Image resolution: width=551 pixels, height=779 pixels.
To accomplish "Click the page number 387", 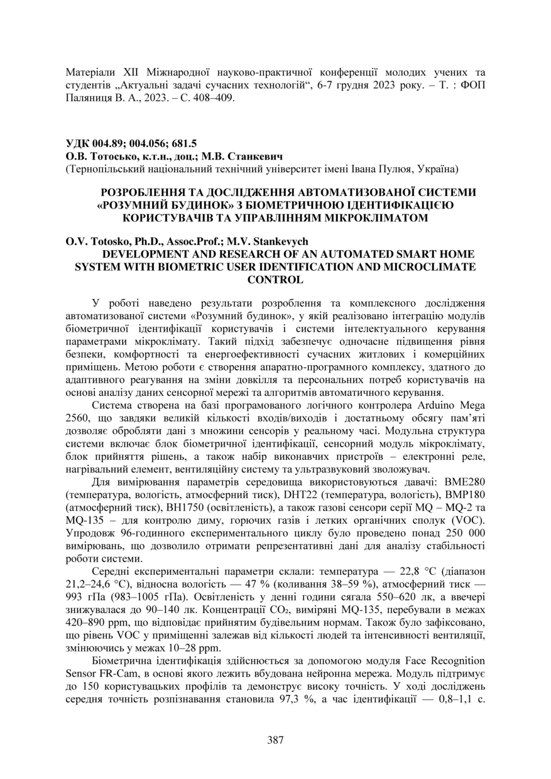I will pos(275,739).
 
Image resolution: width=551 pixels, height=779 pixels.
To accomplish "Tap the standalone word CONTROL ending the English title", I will pos(275,279).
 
